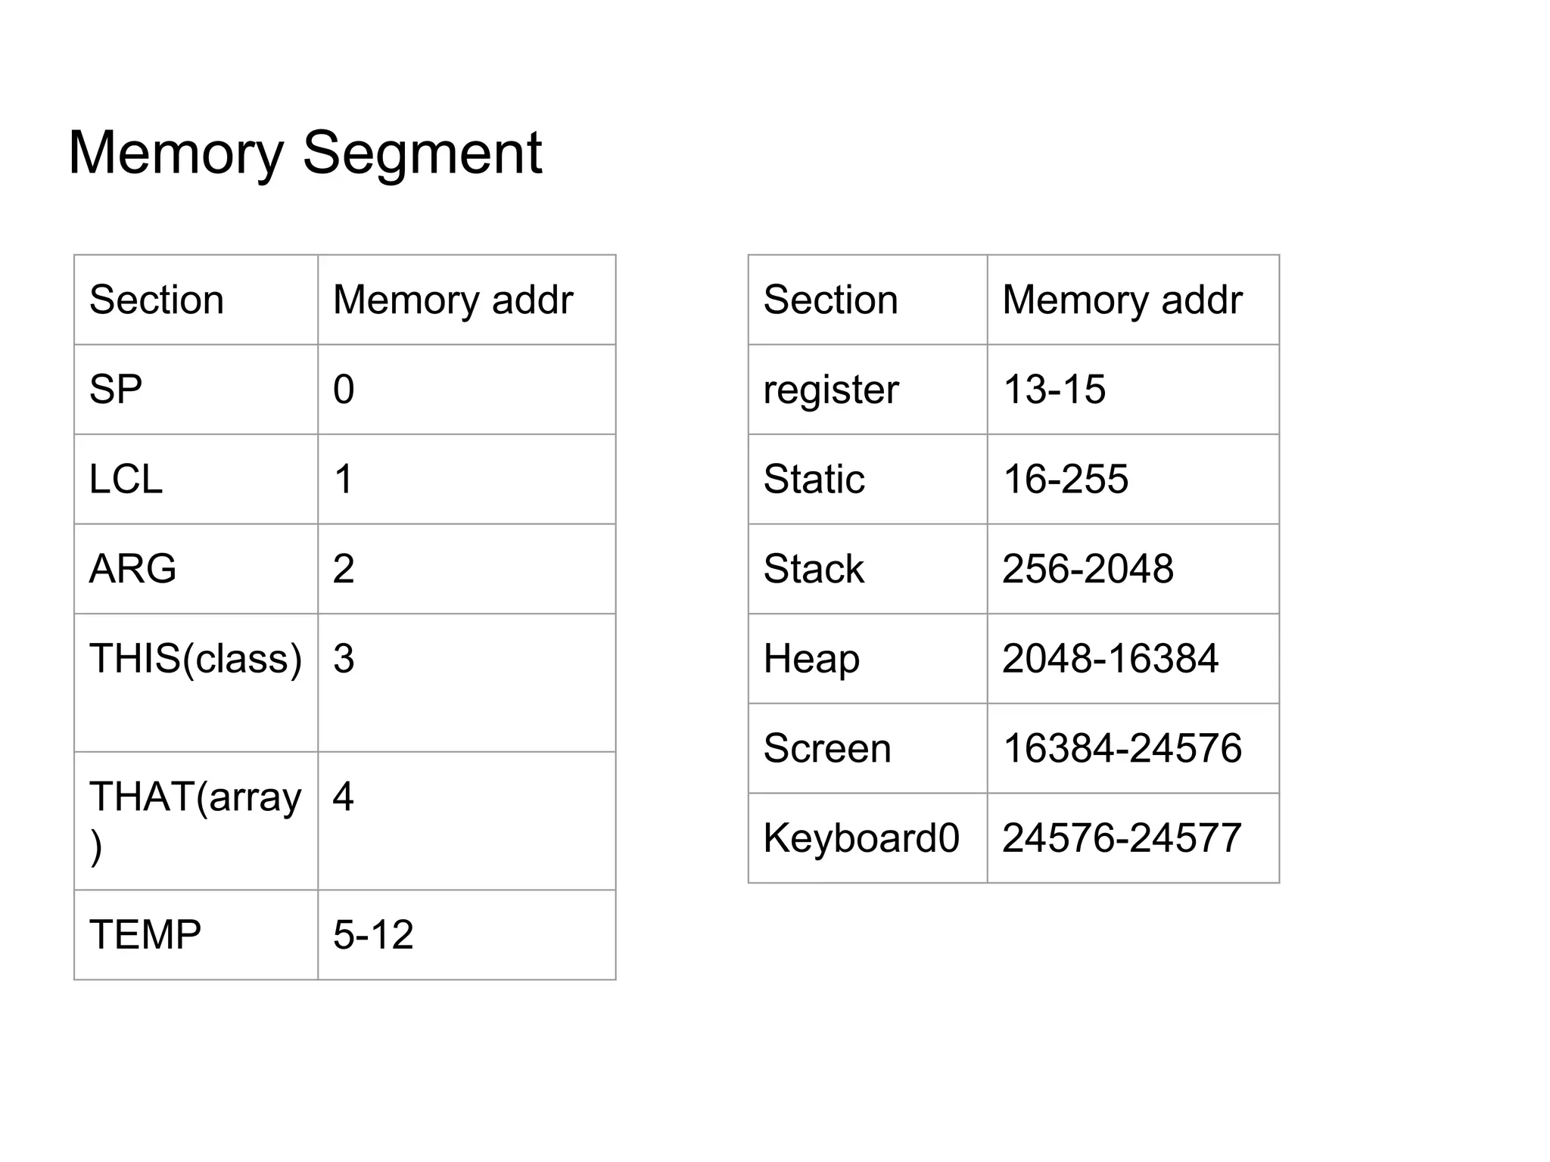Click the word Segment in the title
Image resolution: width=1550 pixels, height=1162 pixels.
coord(422,154)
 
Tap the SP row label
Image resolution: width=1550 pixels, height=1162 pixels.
coord(116,390)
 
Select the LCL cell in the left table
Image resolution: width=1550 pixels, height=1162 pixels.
coord(126,479)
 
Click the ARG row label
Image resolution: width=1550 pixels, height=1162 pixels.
coord(132,569)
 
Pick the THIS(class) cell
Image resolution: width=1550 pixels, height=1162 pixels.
coord(195,658)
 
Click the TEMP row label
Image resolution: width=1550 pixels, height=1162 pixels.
coord(145,935)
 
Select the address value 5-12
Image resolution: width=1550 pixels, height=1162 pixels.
coord(373,935)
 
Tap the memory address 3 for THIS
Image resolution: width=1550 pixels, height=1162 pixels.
coord(344,659)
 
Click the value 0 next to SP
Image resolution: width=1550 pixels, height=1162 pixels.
coord(344,390)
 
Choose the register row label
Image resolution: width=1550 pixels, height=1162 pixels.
coord(830,390)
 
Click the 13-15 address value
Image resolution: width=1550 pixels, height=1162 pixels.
coord(1054,390)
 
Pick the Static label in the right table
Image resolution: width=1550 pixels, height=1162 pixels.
coord(814,480)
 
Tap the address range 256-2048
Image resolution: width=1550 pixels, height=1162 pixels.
coord(1088,569)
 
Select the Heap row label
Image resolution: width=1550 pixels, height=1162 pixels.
coord(811,659)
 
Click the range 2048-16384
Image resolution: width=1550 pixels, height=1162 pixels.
coord(1110,659)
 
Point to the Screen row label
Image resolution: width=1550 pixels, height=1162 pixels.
coord(827,749)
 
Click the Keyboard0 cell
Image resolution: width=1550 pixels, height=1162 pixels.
coord(861,838)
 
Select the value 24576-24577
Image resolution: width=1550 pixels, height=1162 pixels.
coord(1122,838)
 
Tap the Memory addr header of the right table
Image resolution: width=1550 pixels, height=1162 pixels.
coord(1122,300)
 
